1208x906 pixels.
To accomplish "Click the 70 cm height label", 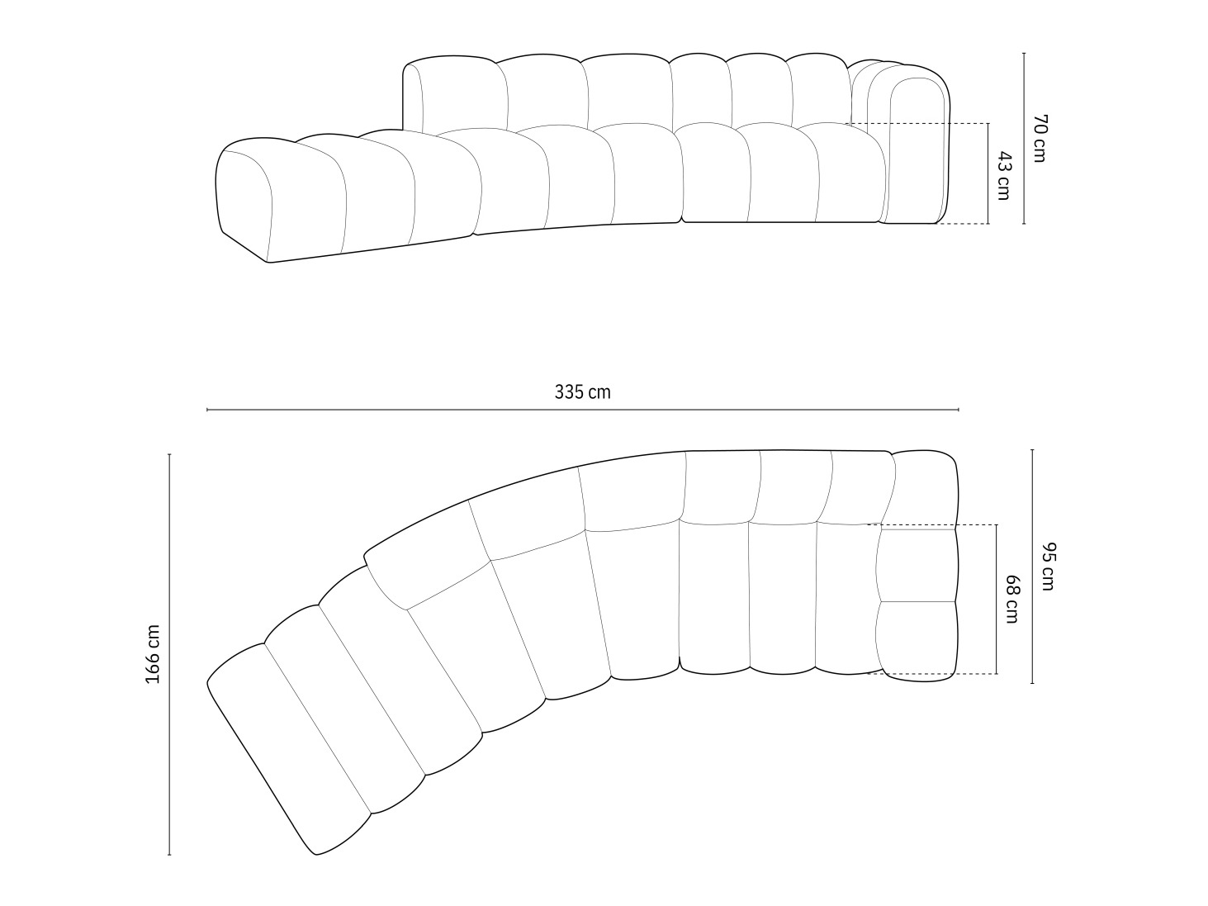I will (x=1038, y=138).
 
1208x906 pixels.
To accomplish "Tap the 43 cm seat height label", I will (x=1003, y=174).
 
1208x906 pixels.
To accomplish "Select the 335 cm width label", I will (x=582, y=392).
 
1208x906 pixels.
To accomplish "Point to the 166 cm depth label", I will (x=153, y=653).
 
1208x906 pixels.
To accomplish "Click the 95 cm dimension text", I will (x=1048, y=567).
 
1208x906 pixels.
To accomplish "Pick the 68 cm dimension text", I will (x=1011, y=600).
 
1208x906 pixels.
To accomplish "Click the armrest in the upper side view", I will (x=917, y=149).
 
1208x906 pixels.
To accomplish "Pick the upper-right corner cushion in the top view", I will (x=925, y=487).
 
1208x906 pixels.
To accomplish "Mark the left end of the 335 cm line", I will (x=207, y=410).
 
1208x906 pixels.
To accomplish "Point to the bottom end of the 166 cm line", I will (x=169, y=855).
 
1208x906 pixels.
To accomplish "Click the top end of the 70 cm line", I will (x=1024, y=54).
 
